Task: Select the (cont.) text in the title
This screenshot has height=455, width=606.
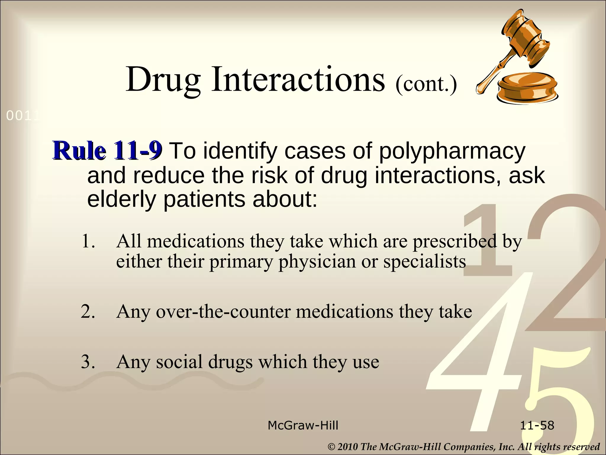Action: pyautogui.click(x=426, y=84)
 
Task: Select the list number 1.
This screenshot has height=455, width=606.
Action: pyautogui.click(x=88, y=241)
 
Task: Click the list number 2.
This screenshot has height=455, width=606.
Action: pyautogui.click(x=88, y=312)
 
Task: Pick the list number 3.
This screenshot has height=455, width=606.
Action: pyautogui.click(x=88, y=362)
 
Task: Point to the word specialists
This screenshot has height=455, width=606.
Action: pyautogui.click(x=425, y=262)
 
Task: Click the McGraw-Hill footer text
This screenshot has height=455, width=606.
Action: pyautogui.click(x=303, y=426)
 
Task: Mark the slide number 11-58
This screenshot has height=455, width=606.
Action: pyautogui.click(x=537, y=426)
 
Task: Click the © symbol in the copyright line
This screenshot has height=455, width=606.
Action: pyautogui.click(x=332, y=447)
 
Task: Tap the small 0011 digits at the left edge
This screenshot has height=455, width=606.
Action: pyautogui.click(x=22, y=116)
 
